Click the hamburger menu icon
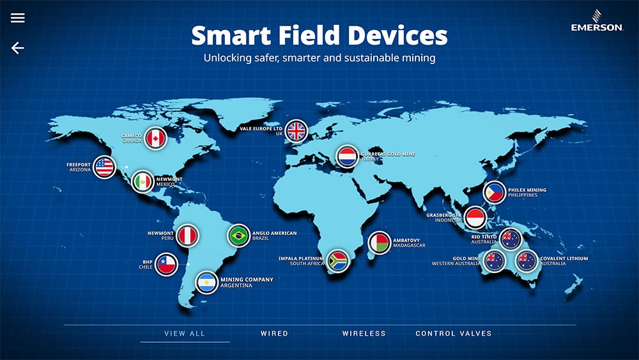[17, 17]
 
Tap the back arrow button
[17, 48]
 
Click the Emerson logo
[597, 21]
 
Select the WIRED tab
[274, 334]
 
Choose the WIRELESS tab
[364, 334]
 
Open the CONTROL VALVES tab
[454, 334]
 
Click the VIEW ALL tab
[185, 334]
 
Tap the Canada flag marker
[155, 139]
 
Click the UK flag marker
[296, 131]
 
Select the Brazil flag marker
[238, 236]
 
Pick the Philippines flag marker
[495, 192]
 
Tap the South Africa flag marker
[338, 261]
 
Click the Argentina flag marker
[206, 283]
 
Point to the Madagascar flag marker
[380, 243]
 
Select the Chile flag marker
[166, 264]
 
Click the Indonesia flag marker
[475, 217]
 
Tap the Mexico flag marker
[142, 182]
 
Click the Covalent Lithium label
[564, 261]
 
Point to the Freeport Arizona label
[79, 167]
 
